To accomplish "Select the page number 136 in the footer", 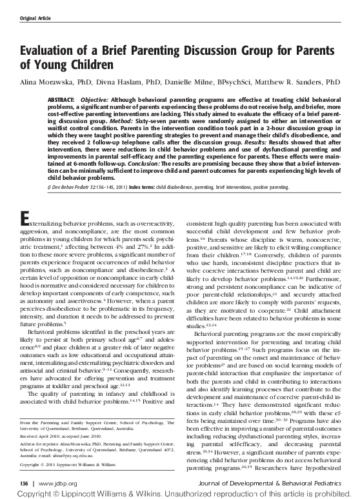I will click(x=26, y=482).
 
